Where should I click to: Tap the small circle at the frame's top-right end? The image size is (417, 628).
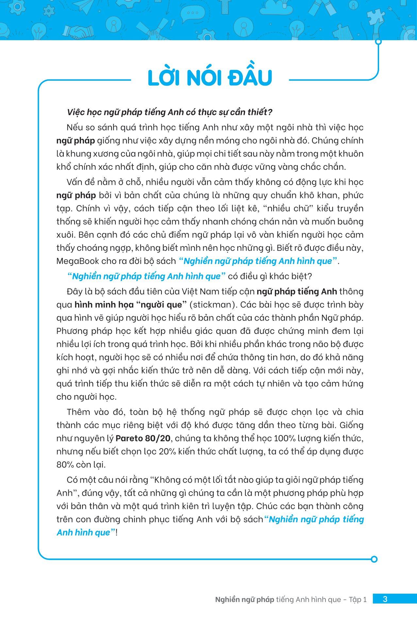click(x=378, y=42)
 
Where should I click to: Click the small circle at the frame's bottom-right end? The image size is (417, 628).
click(x=375, y=559)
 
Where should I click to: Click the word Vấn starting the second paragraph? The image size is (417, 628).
click(x=74, y=182)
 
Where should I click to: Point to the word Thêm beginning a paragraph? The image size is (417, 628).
click(x=78, y=412)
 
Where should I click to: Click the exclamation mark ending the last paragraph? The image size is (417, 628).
click(x=116, y=533)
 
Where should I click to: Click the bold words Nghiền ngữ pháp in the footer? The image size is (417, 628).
click(x=244, y=600)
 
